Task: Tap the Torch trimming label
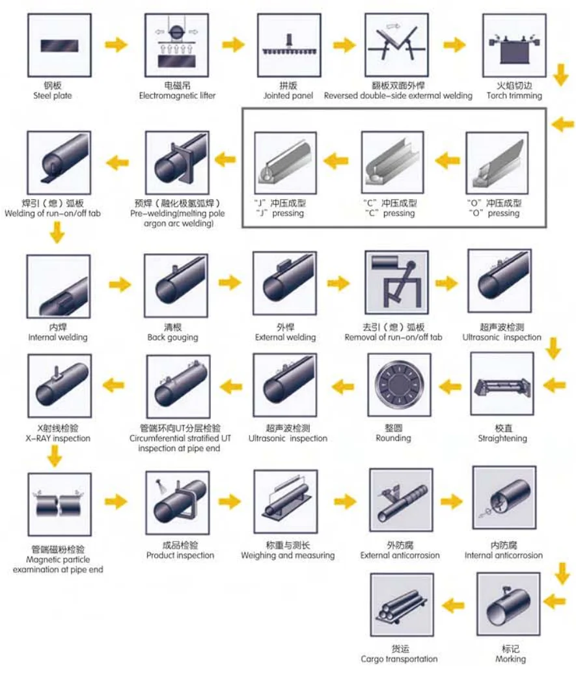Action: [x=514, y=96]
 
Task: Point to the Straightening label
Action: [x=502, y=438]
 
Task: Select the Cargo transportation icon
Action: [x=401, y=605]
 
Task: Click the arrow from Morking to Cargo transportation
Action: [x=454, y=605]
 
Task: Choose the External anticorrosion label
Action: [x=400, y=555]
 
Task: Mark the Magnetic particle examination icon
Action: [x=59, y=504]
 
